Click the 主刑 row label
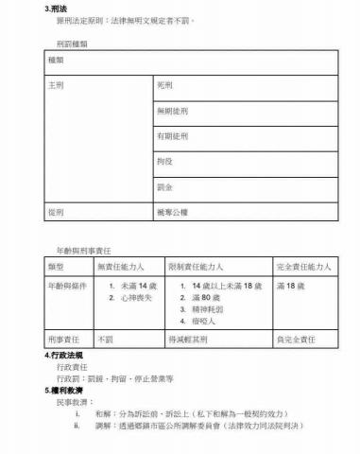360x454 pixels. tap(56, 85)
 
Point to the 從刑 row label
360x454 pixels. tap(56, 213)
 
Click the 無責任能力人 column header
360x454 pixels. tap(119, 267)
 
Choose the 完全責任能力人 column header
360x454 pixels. tap(302, 267)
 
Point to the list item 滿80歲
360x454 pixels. tap(205, 297)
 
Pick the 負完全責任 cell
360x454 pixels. tap(295, 339)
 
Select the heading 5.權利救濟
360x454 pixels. tap(63, 390)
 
